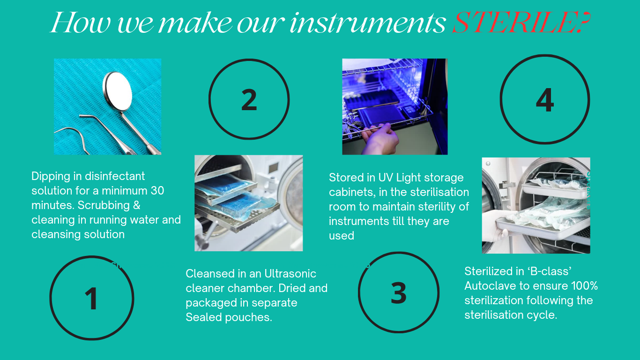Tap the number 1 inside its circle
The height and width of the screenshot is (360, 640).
pos(92,298)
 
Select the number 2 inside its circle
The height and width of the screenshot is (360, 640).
pos(249,99)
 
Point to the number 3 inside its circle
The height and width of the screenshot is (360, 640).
pos(398,293)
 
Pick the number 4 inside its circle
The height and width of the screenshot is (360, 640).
pos(545,100)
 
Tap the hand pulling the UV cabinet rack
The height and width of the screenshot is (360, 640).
pos(380,140)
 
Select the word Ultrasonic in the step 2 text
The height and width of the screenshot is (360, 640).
pos(290,274)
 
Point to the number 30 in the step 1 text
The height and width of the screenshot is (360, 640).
pos(157,191)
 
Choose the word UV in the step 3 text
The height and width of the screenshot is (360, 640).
pos(386,178)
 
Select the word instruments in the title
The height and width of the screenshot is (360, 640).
pos(367,23)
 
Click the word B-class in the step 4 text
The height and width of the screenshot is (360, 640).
pos(547,271)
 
